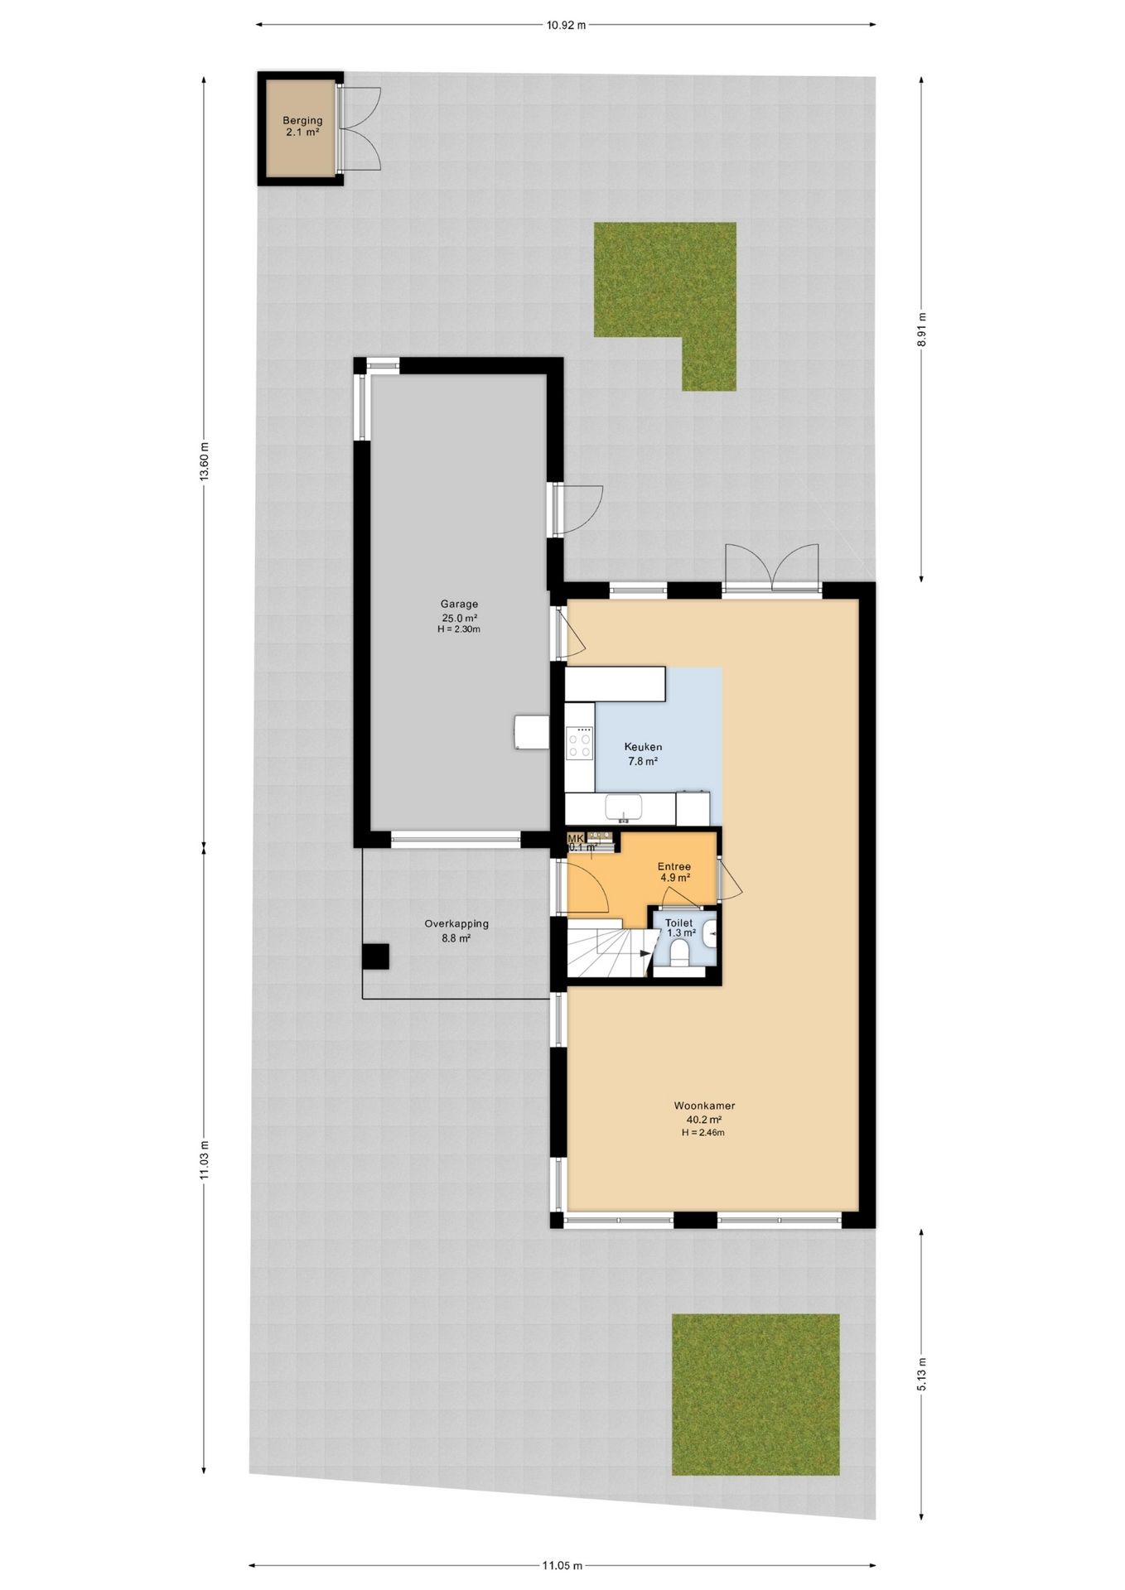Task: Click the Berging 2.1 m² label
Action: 302,126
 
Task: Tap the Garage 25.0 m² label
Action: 459,611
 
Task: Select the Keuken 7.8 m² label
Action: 643,754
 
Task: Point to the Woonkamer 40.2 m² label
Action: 704,1111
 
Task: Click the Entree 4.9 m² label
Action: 674,872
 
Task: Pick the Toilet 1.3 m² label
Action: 679,927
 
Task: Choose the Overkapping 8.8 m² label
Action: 456,931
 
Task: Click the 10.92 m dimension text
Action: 566,25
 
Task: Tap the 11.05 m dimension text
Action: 562,1565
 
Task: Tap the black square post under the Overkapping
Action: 375,956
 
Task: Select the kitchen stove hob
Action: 579,741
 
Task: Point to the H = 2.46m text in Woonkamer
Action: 703,1133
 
